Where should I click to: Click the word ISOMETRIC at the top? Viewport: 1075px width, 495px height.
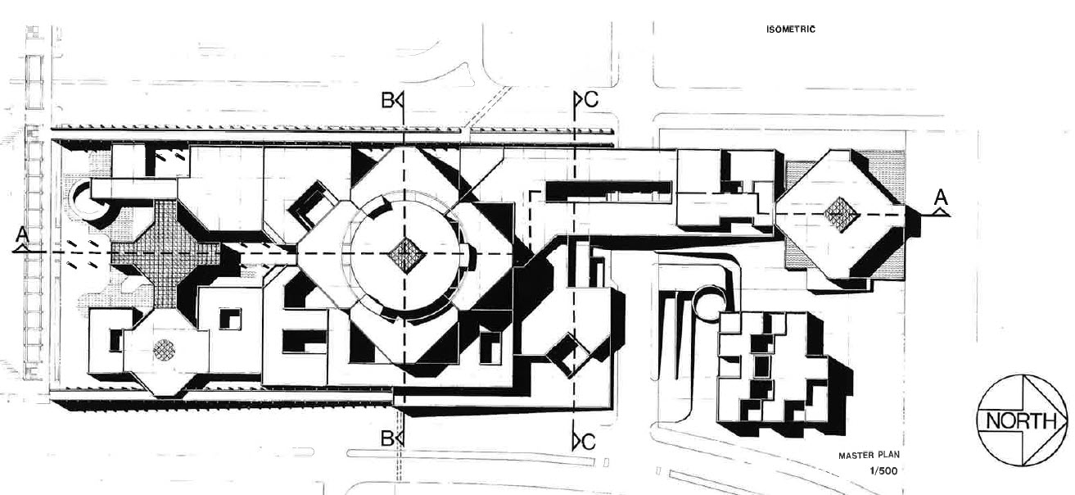point(790,30)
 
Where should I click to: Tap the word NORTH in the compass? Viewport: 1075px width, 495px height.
point(1021,421)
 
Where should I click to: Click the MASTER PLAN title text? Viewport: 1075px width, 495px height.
point(869,455)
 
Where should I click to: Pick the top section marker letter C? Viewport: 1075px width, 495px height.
point(592,99)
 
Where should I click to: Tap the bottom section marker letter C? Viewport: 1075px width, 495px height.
point(589,442)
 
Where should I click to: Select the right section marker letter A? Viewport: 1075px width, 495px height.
point(942,197)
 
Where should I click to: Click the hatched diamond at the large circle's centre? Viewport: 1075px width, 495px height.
point(406,254)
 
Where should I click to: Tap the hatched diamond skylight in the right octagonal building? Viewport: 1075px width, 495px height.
point(840,215)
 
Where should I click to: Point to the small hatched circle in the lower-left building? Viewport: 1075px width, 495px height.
point(164,350)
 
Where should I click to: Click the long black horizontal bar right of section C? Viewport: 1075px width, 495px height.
point(608,191)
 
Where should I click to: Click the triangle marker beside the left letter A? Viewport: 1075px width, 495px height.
point(20,248)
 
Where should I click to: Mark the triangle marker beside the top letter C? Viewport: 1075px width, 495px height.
point(578,99)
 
